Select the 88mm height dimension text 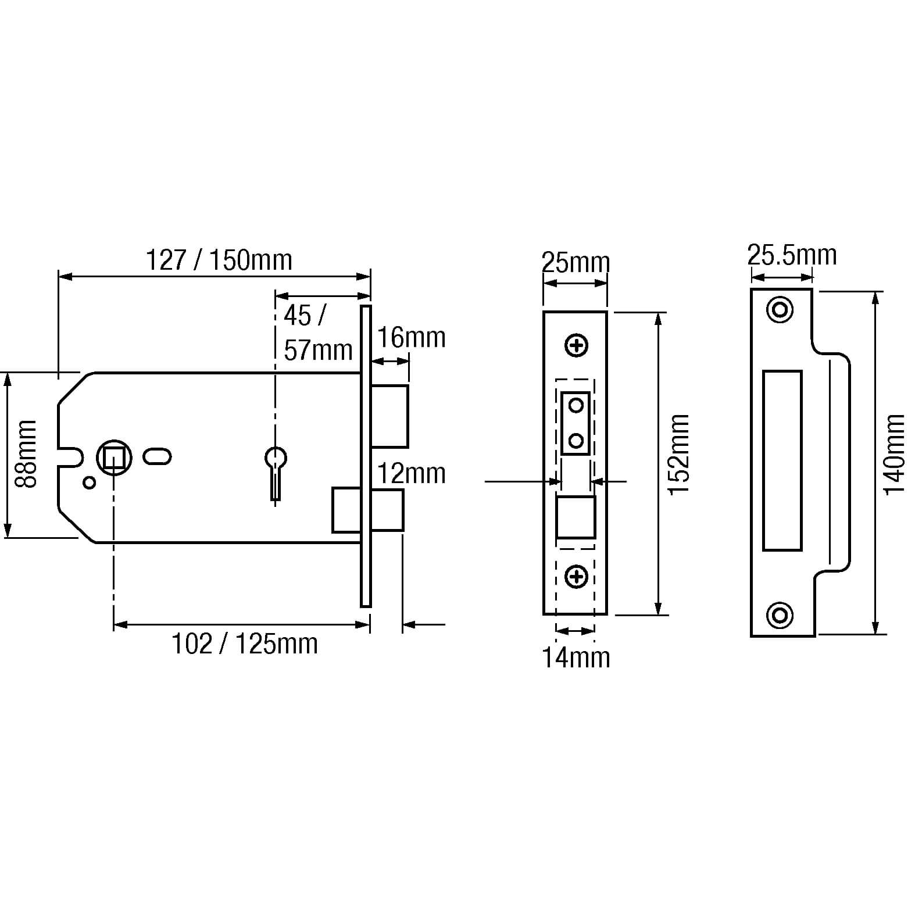pos(26,454)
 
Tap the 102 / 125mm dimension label pos(245,644)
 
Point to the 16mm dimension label pos(412,338)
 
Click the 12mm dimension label pos(412,473)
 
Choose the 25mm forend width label pos(576,263)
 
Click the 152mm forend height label pos(678,455)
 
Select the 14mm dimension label pos(576,657)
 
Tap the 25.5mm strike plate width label pos(792,255)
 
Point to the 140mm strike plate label pos(894,455)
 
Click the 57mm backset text pos(318,350)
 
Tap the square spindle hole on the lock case pos(114,457)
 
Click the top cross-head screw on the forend pos(577,346)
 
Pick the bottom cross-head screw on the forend pos(577,577)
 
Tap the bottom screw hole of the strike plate pos(780,614)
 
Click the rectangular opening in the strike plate pos(782,460)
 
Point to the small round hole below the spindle pos(90,482)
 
